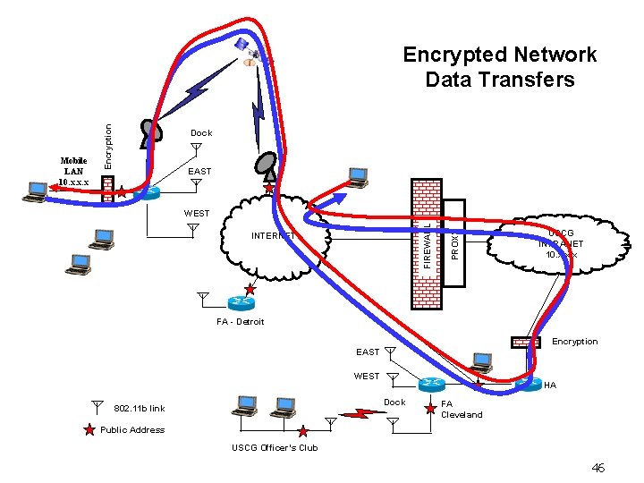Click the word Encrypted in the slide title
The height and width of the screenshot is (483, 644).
(x=451, y=55)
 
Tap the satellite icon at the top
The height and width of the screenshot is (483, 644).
(x=243, y=46)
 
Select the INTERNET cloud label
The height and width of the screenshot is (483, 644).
(x=274, y=236)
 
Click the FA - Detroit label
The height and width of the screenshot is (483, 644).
(x=241, y=321)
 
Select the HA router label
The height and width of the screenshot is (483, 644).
(x=549, y=386)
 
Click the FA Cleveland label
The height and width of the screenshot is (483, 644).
(x=462, y=409)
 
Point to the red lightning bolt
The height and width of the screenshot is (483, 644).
(x=362, y=414)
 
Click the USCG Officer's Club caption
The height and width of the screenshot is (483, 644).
(x=275, y=447)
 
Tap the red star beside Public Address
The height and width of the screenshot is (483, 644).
(x=89, y=430)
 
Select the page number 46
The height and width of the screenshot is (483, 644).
(x=598, y=468)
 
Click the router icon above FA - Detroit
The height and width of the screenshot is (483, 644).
(x=240, y=302)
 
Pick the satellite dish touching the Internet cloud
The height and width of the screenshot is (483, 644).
(x=267, y=165)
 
